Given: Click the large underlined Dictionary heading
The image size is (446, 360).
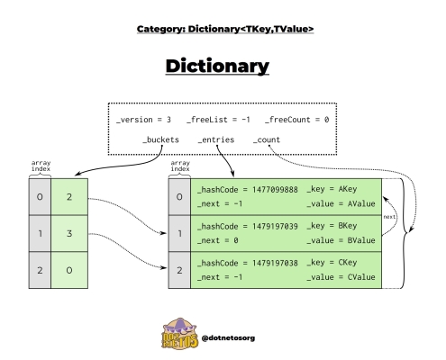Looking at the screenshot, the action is [217, 67].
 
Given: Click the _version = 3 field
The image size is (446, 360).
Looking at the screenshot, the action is [143, 120].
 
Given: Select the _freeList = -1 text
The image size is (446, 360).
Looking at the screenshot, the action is [218, 120].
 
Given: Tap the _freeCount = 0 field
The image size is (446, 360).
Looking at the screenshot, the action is [296, 120].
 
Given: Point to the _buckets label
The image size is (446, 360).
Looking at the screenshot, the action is [160, 139].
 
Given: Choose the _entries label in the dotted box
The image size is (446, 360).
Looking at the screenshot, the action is [216, 139].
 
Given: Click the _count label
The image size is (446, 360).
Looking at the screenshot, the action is [267, 139].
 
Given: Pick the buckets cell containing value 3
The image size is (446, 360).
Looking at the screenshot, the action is [69, 233].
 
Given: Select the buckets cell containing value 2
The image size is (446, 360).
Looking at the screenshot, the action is [69, 197].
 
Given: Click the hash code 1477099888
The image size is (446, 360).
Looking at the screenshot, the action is [275, 190].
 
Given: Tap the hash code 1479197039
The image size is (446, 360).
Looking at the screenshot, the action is [275, 227].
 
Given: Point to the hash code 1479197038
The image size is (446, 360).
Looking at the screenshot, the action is [275, 263].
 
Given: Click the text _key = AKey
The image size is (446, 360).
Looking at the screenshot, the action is [332, 189].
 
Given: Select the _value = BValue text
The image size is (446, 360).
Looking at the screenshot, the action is [341, 240].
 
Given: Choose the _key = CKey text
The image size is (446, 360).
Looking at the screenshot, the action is [332, 263].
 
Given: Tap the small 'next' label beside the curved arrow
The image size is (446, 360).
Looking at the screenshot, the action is [389, 217].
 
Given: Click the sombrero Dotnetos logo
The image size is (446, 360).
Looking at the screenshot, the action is [179, 334].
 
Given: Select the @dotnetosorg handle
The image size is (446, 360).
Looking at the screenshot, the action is [228, 338].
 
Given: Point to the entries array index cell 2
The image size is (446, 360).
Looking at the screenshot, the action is [179, 270].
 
